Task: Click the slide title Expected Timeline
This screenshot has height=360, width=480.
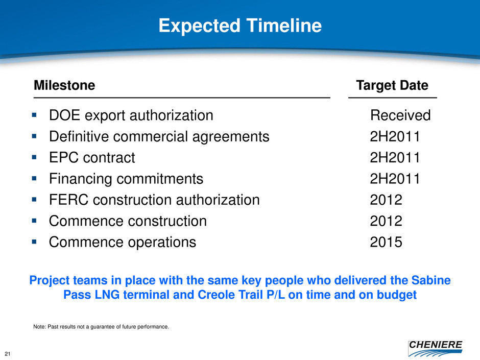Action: click(x=240, y=26)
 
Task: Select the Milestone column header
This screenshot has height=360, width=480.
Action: click(x=64, y=85)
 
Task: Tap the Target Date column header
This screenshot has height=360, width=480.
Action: click(x=392, y=85)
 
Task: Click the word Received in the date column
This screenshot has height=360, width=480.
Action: click(x=400, y=115)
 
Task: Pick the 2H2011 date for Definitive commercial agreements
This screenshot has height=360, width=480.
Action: click(x=395, y=136)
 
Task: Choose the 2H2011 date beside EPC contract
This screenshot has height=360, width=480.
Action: click(x=395, y=158)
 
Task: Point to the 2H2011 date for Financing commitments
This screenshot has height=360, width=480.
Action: click(x=395, y=179)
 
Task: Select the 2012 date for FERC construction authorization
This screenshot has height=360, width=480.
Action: click(x=386, y=200)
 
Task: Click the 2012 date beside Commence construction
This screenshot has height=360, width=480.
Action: click(x=386, y=221)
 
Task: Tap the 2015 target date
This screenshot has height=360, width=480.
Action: click(x=386, y=242)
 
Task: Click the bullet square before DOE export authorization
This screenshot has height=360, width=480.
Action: click(x=34, y=115)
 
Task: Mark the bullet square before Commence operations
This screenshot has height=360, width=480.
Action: click(x=34, y=242)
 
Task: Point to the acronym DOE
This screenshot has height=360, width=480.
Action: click(x=64, y=115)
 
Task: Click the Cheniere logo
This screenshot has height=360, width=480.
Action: click(x=435, y=348)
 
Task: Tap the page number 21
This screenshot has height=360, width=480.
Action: click(x=8, y=354)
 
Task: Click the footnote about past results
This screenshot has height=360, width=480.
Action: click(x=101, y=327)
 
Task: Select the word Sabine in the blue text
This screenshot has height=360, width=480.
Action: click(x=431, y=280)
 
